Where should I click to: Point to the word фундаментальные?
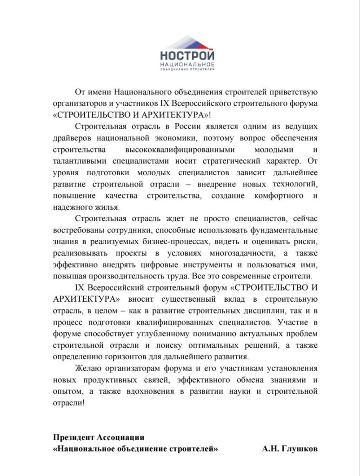(x=284, y=231)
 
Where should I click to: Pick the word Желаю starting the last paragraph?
(x=87, y=369)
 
